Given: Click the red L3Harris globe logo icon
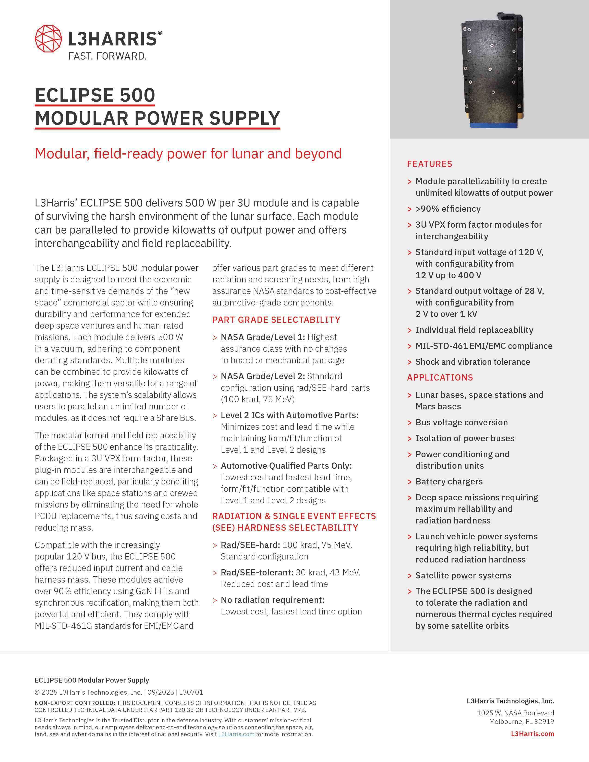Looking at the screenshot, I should point(49,39).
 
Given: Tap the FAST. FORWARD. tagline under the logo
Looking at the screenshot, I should point(107,56).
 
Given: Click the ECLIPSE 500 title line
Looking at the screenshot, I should point(95,95).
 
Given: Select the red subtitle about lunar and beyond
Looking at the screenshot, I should point(188,154).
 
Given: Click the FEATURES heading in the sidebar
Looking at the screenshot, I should point(430,164).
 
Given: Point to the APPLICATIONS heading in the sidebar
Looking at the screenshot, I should point(440,378).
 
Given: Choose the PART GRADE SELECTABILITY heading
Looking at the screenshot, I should point(276,320).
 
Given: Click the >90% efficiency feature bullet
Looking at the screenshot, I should point(448,209).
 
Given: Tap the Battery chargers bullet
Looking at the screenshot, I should point(449,481).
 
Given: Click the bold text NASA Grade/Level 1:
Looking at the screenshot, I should point(263,337).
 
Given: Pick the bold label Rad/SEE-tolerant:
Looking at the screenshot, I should point(257,573).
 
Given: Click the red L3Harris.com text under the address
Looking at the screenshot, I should point(532,734).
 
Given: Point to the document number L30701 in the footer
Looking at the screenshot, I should point(191,692).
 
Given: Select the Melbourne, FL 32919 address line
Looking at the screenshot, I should point(521,722).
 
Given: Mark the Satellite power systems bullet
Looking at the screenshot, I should point(463,575).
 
